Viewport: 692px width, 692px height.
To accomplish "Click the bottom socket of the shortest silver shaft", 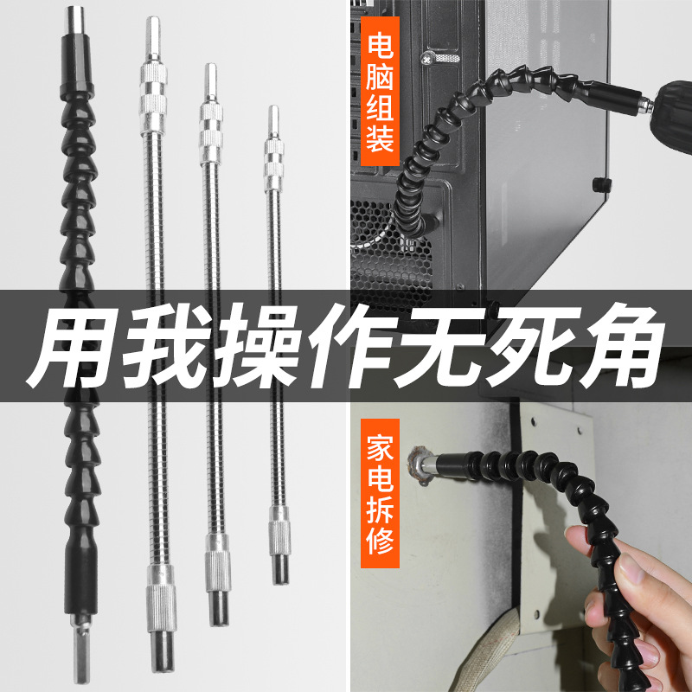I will (279, 567).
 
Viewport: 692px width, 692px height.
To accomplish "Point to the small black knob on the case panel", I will (598, 184).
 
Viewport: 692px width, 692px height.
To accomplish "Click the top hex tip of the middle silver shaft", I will (208, 80).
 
